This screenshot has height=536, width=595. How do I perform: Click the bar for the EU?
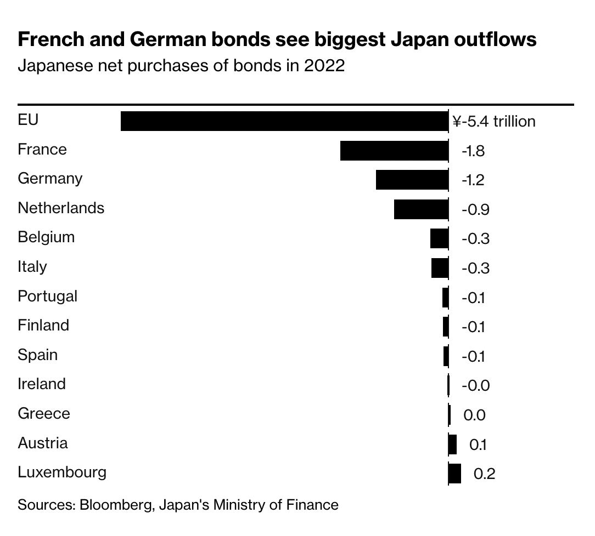pos(284,121)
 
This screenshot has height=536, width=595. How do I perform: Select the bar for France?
pos(394,151)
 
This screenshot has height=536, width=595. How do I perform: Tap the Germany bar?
pos(412,180)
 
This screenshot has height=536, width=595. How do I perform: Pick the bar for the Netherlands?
pos(421,209)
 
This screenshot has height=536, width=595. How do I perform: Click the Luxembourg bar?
pos(455,473)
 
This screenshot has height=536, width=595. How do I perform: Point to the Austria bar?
pos(453,444)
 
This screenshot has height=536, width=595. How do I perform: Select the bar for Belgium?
pos(439,239)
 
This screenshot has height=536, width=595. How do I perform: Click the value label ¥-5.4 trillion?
pos(494,122)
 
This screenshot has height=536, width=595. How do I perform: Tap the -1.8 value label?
pos(473,151)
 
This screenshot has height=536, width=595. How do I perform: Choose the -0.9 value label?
pos(475,210)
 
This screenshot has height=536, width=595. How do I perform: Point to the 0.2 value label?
pos(484,474)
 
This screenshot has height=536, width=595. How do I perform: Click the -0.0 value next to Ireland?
pos(475,386)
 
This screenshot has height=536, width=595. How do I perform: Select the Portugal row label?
pos(48,296)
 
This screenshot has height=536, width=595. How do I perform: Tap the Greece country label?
pos(44,413)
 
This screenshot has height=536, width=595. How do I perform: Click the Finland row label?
pos(43,326)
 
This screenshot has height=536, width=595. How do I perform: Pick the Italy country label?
pos(32,267)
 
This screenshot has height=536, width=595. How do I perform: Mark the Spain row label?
pos(37,355)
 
